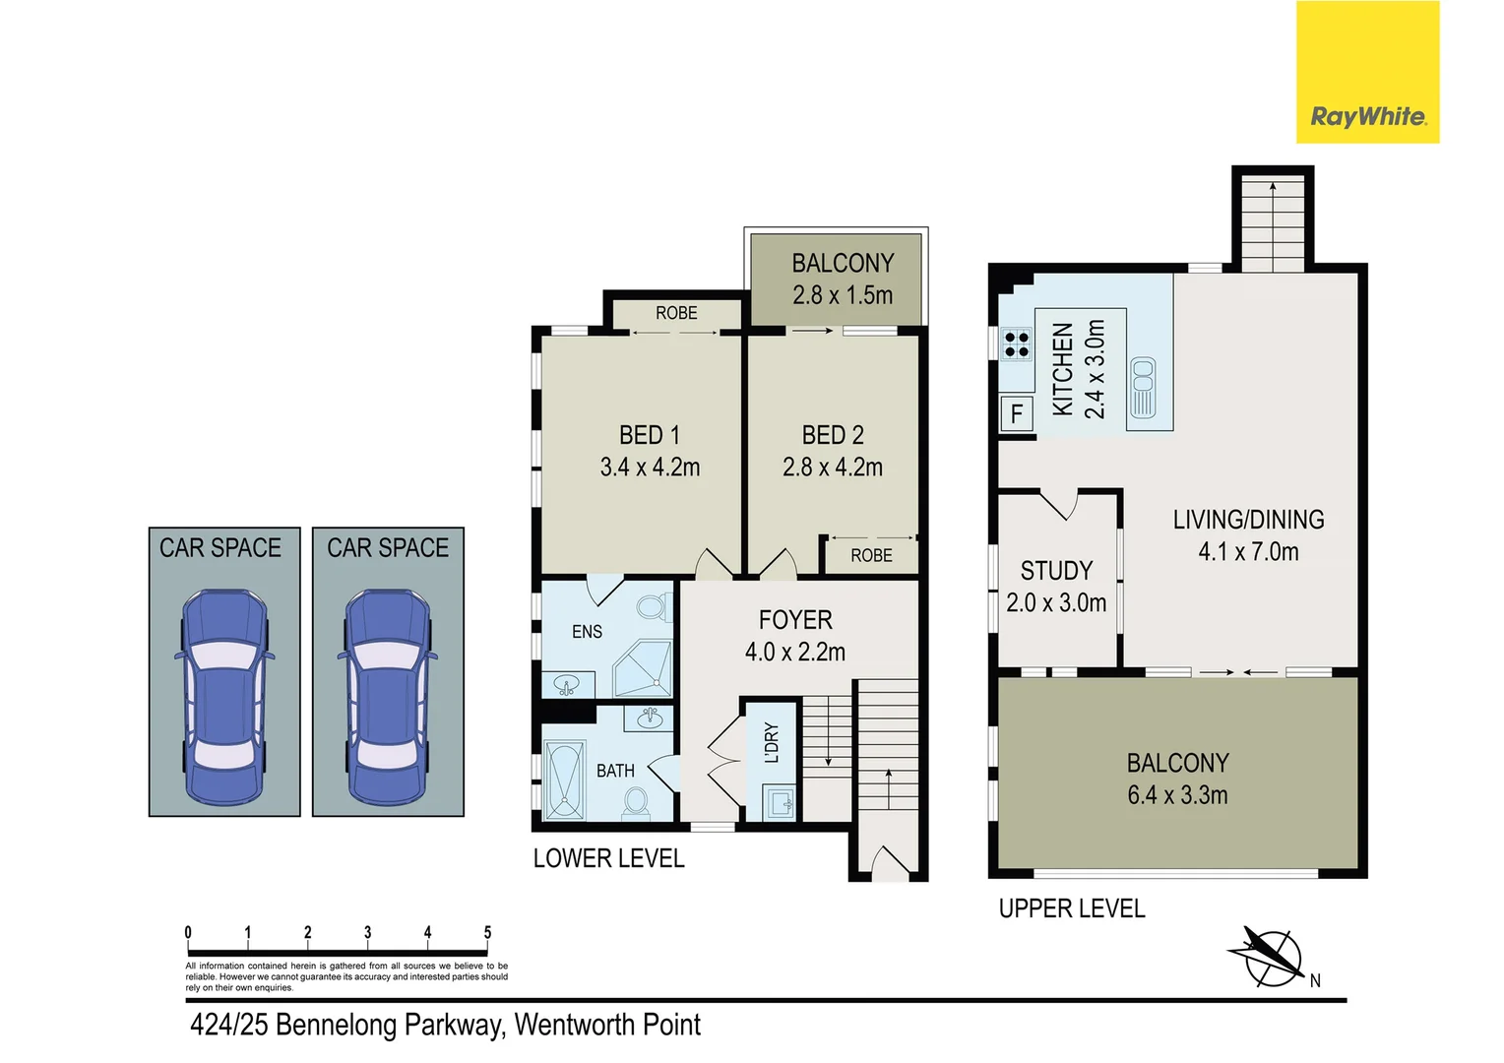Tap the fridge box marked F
(1017, 413)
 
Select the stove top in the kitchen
(1016, 345)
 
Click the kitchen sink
(1143, 388)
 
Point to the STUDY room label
(1056, 571)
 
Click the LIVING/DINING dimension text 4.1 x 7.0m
(1248, 552)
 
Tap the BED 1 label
(650, 435)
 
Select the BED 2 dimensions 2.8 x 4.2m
(833, 468)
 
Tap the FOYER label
(795, 620)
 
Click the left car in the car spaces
(224, 695)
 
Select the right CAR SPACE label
(388, 548)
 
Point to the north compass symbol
(1272, 956)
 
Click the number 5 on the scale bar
(487, 932)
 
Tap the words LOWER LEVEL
(608, 858)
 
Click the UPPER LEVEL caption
(1072, 908)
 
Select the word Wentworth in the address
(575, 1026)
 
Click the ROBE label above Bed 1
(676, 313)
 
